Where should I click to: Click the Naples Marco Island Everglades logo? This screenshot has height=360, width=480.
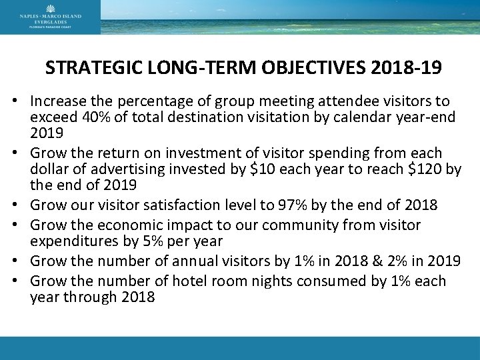pyautogui.click(x=51, y=17)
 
